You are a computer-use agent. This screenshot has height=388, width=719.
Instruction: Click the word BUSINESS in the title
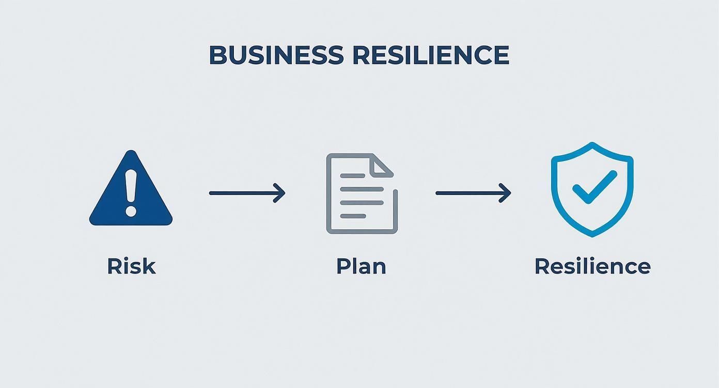coord(276,55)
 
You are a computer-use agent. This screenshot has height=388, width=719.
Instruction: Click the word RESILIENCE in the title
coord(431,55)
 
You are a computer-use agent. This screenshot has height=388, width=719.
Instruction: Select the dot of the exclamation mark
coord(131,211)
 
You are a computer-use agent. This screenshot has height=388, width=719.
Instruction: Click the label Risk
coord(131,266)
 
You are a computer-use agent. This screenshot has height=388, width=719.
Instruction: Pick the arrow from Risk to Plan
coord(246,193)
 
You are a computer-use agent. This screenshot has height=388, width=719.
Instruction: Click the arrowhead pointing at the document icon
coord(280,193)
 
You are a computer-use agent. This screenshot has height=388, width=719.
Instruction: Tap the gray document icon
coord(362,193)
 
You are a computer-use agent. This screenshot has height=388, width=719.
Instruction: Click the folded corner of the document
coord(383,165)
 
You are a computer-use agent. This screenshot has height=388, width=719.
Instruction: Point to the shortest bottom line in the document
coord(353,216)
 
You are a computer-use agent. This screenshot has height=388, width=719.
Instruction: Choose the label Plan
coord(361,266)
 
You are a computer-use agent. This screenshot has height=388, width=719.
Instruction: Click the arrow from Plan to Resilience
coord(473,193)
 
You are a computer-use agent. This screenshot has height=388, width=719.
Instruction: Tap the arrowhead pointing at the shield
coord(507,193)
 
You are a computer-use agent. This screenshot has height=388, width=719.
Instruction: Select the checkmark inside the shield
coord(594,187)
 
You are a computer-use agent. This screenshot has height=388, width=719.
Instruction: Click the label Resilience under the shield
coord(592,266)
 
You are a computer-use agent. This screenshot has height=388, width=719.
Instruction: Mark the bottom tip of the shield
coord(592,235)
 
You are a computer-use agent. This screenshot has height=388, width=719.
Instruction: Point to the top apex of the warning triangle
coord(131,152)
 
